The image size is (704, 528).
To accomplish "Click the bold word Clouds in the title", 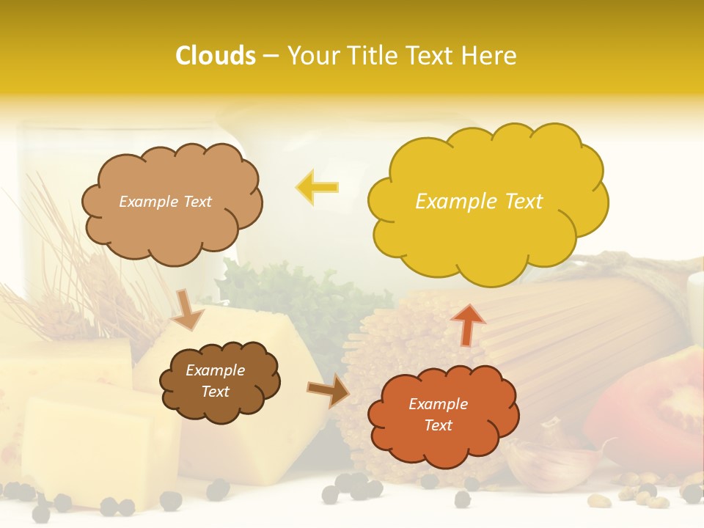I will click(x=216, y=56).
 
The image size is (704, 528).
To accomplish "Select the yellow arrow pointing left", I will click(x=317, y=187).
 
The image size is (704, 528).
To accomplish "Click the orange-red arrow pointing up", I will click(x=468, y=323).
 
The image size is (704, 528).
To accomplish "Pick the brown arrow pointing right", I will click(x=329, y=390).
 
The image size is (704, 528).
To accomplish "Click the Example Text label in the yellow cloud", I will click(x=479, y=202).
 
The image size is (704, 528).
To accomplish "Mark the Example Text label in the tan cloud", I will click(x=165, y=202).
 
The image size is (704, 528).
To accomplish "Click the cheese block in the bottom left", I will click(x=88, y=440).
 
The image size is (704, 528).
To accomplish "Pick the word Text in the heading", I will click(x=433, y=56).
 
